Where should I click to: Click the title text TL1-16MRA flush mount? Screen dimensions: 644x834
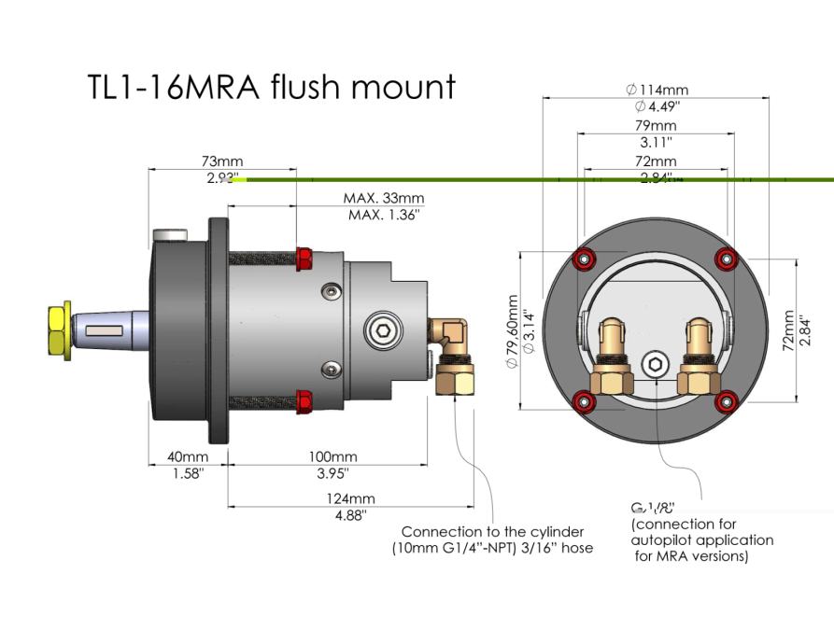point(271,87)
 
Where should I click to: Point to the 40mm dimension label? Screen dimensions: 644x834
point(189,456)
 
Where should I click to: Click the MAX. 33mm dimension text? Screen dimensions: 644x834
point(384,199)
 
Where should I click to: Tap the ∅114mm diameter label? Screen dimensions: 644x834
point(657,90)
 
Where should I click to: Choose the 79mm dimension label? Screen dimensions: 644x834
point(657,126)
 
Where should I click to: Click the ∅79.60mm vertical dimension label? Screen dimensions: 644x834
point(512,331)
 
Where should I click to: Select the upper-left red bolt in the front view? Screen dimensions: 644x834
point(585,259)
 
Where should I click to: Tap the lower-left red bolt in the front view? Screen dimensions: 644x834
point(585,402)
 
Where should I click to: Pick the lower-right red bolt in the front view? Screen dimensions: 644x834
point(724,402)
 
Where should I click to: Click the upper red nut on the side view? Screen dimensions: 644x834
point(304,258)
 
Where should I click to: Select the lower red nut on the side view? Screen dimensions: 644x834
point(304,402)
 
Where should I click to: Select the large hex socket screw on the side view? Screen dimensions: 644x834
point(378,331)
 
